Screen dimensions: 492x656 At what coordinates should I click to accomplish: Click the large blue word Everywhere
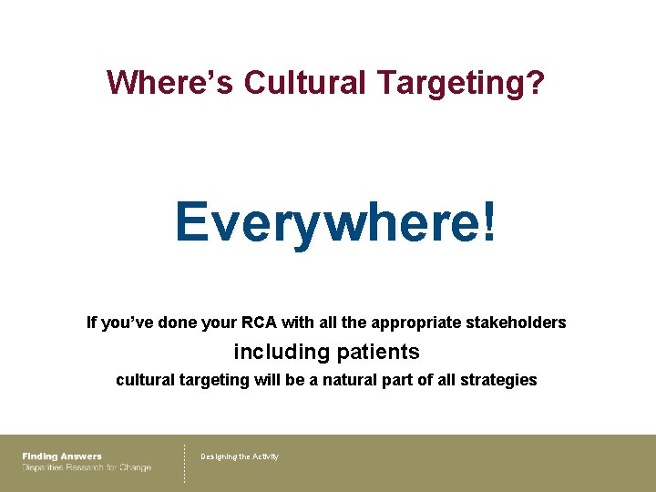pyautogui.click(x=329, y=222)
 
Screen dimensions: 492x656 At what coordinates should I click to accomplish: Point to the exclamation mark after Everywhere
pyautogui.click(x=491, y=222)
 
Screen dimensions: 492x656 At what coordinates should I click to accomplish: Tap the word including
pyautogui.click(x=282, y=352)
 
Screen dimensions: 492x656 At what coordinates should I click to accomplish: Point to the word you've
pyautogui.click(x=128, y=323)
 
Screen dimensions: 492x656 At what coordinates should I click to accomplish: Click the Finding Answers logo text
pyautogui.click(x=62, y=456)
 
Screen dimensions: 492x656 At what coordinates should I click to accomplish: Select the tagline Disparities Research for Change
pyautogui.click(x=87, y=468)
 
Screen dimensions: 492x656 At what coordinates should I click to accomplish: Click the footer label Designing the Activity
pyautogui.click(x=240, y=456)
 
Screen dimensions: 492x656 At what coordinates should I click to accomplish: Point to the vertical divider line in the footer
pyautogui.click(x=185, y=463)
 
